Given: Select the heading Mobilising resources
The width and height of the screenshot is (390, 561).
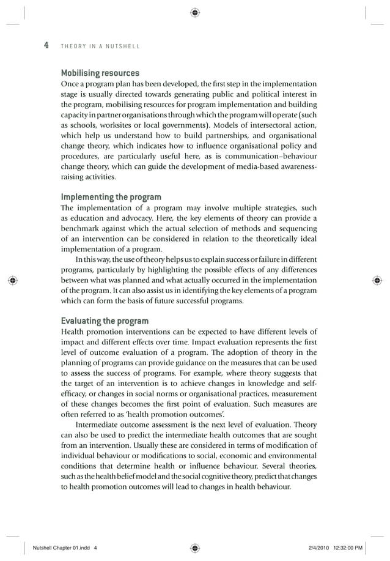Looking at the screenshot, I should pos(100,73).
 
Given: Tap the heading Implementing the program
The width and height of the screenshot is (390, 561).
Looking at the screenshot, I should pos(111,197).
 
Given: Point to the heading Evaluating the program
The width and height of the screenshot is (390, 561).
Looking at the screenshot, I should pos(104,321).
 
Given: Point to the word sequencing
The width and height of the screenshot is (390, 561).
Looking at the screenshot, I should pos(296,229).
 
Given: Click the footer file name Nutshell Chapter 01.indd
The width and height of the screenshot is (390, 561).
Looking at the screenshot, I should pos(61,548).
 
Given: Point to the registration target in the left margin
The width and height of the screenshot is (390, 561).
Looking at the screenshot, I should pos(13,280).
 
